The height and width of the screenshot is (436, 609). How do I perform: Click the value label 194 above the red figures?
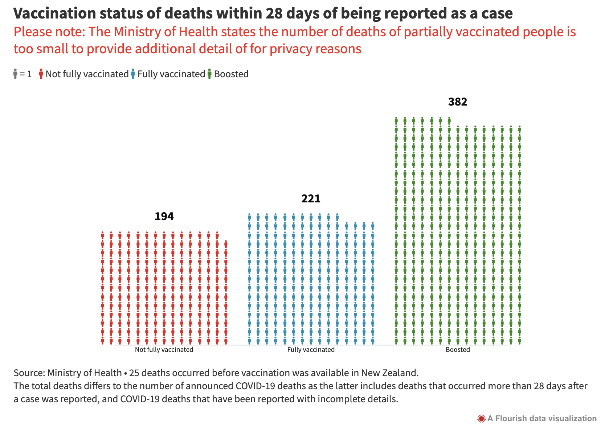pos(164,217)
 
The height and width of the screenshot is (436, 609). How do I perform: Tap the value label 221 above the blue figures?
pos(311,199)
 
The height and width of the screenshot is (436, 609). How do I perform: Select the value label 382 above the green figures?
pos(458,102)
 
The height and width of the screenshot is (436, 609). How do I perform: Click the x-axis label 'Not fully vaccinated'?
pos(164,350)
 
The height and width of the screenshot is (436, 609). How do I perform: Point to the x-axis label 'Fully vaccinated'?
pos(311,350)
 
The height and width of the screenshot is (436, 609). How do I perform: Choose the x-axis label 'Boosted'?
pos(458,350)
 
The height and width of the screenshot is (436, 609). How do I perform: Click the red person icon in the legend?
pos(41,74)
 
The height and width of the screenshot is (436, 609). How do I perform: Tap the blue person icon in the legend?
pos(133,74)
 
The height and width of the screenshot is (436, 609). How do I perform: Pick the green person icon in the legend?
pos(209,74)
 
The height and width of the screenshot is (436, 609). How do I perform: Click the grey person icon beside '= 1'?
pos(15,74)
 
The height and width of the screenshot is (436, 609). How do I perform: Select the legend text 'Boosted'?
pos(231,74)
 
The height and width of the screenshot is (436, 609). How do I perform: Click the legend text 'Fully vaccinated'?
pos(171,74)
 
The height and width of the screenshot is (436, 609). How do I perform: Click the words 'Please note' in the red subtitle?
pos(49,32)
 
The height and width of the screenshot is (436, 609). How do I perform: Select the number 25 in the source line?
pos(134,373)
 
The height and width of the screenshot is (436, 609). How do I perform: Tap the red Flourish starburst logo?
pos(481,419)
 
